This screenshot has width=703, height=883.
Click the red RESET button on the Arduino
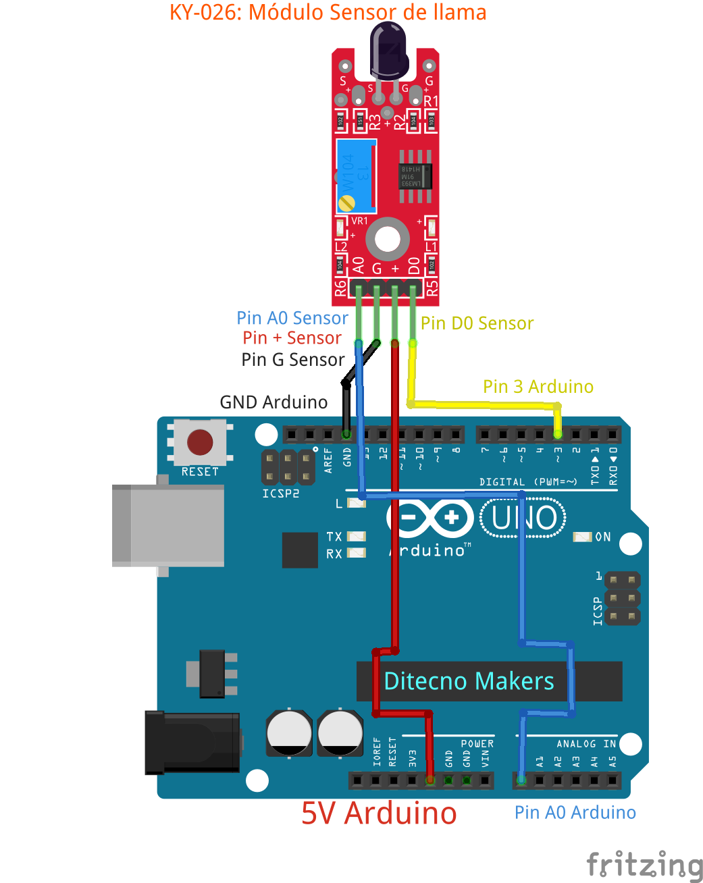(200, 442)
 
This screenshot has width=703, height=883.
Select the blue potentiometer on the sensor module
(356, 176)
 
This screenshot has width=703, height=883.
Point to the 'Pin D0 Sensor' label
(477, 323)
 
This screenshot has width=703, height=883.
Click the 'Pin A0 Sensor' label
(292, 318)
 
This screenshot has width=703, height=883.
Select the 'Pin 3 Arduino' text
(538, 387)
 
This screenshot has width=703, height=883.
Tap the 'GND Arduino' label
(274, 402)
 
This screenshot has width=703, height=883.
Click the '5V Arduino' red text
(379, 813)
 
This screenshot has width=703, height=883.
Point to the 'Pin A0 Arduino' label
(575, 812)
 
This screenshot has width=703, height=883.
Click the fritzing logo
(644, 865)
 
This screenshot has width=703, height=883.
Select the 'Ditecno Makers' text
(469, 681)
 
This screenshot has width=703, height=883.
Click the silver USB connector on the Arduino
(169, 525)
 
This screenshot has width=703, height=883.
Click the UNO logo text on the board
(524, 518)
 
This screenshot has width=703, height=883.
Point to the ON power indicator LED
(582, 537)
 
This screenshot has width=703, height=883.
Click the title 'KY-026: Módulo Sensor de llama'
(328, 12)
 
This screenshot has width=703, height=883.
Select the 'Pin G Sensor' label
(292, 360)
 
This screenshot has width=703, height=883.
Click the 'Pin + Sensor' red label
(292, 338)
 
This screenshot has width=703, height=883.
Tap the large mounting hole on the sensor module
(388, 239)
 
